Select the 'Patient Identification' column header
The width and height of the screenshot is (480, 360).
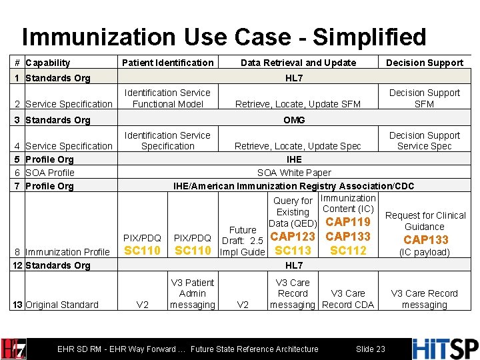click(x=167, y=63)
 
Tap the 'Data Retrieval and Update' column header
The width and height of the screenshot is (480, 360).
click(x=298, y=63)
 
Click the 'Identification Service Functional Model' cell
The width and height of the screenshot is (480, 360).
click(x=167, y=98)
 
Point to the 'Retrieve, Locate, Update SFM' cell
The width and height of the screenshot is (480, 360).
click(x=298, y=104)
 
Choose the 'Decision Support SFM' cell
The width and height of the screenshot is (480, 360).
click(x=425, y=98)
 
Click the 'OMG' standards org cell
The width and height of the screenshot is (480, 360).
click(x=294, y=120)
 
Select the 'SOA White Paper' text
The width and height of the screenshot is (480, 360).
click(x=294, y=173)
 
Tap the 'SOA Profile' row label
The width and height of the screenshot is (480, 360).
click(x=50, y=173)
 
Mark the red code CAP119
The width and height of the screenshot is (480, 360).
click(x=347, y=222)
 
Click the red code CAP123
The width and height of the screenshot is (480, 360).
click(x=293, y=237)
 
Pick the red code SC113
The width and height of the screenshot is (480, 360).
click(x=293, y=251)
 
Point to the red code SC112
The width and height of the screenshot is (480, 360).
click(x=347, y=251)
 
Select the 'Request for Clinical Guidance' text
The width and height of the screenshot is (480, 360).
click(x=425, y=221)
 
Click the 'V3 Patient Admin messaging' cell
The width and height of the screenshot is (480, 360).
click(x=192, y=293)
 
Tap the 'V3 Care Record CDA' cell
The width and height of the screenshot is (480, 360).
click(x=347, y=299)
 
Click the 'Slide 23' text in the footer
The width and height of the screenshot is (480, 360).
click(x=370, y=349)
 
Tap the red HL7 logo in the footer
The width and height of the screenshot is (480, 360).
click(x=14, y=349)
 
